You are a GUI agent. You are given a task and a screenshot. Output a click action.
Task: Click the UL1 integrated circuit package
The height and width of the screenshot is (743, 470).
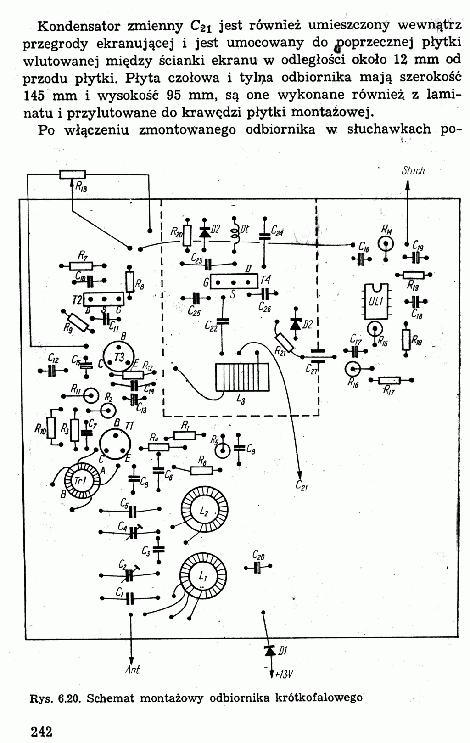(x=376, y=301)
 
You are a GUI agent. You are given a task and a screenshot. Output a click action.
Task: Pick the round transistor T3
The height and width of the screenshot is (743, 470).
(x=118, y=358)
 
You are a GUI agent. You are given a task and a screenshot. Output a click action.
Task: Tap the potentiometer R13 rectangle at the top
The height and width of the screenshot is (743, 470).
(x=73, y=174)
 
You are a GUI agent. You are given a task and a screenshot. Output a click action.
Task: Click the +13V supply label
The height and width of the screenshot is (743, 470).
(x=283, y=674)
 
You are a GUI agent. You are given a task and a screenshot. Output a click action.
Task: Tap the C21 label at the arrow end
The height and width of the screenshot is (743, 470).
(x=302, y=485)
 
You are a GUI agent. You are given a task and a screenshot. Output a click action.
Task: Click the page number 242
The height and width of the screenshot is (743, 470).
(x=42, y=731)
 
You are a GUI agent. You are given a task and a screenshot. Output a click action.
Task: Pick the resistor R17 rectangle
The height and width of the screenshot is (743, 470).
(x=390, y=380)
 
